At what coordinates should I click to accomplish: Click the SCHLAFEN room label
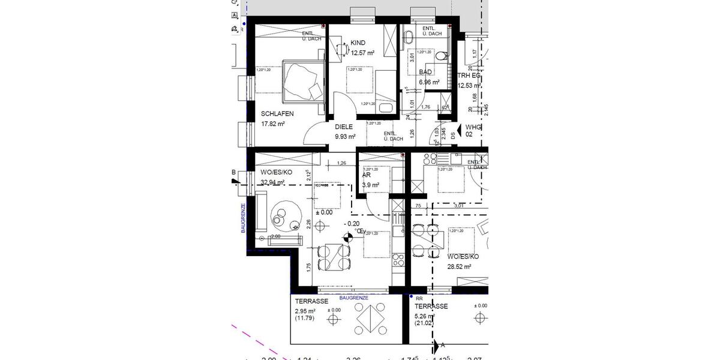point(277,113)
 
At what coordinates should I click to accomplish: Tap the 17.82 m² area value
point(273,124)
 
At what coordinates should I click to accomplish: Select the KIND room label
point(358,43)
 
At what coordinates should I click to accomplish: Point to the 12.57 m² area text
point(363,53)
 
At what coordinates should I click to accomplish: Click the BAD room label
point(425,72)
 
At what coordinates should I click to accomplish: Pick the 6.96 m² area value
point(429,82)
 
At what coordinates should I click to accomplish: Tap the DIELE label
point(344,127)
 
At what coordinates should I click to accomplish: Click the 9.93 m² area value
point(346,137)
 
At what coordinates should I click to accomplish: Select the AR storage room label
point(367,176)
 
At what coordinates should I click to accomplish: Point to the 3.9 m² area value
point(371,185)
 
